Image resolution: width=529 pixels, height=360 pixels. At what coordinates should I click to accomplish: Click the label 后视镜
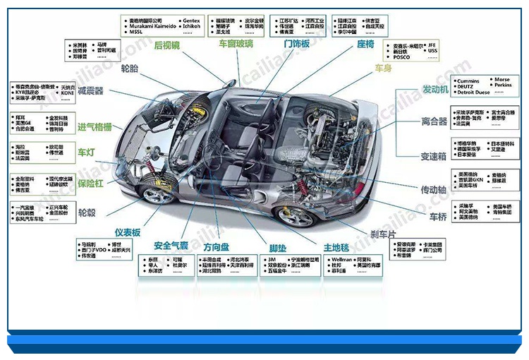167,45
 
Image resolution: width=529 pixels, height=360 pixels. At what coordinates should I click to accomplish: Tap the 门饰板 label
297,44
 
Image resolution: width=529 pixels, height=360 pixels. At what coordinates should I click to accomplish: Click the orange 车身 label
383,68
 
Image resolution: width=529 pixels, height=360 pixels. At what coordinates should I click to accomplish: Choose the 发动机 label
435,90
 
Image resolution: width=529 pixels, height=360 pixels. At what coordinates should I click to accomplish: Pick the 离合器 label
434,121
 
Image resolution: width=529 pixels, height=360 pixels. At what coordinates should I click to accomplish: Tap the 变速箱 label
434,156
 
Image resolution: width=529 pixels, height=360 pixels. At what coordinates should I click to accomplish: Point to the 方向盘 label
217,247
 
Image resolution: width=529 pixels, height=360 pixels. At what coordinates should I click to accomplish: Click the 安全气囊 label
171,246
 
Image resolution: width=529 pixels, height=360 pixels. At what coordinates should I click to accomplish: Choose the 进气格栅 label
95,127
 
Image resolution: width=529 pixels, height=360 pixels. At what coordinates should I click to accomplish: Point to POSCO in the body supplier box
401,58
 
